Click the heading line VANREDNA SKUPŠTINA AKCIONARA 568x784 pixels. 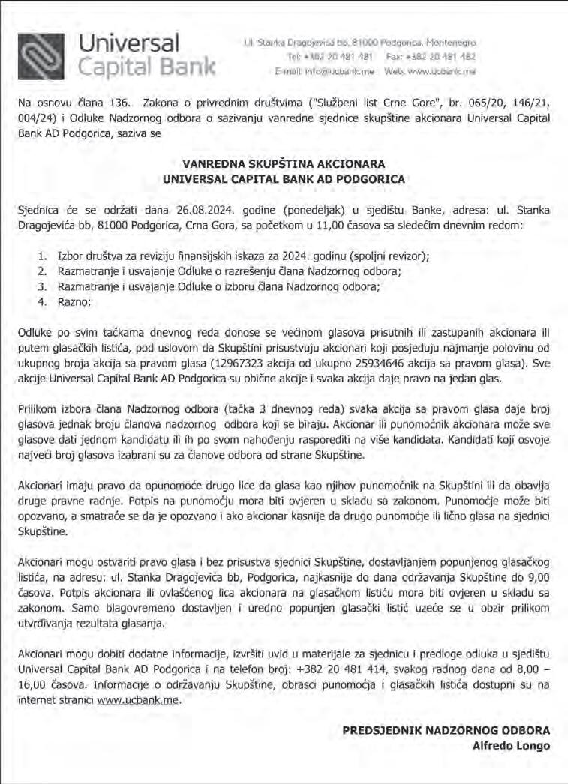pos(284,163)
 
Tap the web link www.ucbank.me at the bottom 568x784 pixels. pos(140,702)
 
